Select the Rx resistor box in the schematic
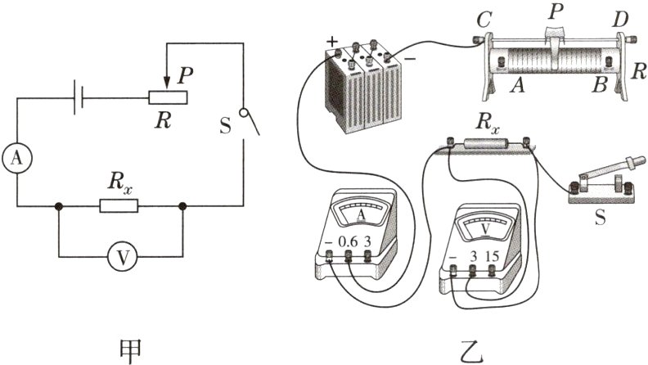(x=119, y=206)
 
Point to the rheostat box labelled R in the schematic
(x=169, y=97)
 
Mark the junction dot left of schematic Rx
(x=58, y=207)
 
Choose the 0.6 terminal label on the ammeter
(x=349, y=242)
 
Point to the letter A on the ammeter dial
(x=361, y=214)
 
